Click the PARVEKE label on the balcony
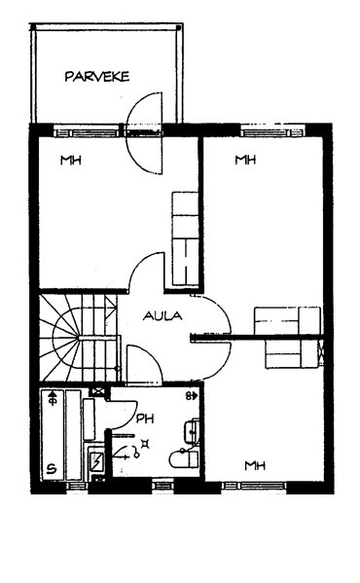[x=97, y=77]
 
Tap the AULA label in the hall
[x=162, y=316]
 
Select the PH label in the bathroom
[x=145, y=419]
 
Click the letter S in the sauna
[x=52, y=469]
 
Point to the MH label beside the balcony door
[x=71, y=161]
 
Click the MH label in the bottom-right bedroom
[x=255, y=465]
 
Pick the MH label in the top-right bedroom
[x=245, y=160]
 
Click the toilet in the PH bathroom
[x=184, y=459]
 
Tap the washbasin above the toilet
[x=192, y=430]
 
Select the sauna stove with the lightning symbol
[x=97, y=461]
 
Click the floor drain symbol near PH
[x=146, y=443]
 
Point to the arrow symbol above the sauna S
[x=53, y=397]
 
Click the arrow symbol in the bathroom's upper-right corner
[x=192, y=396]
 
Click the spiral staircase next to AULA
[x=80, y=338]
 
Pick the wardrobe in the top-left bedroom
[x=185, y=238]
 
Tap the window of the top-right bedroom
[x=272, y=132]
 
